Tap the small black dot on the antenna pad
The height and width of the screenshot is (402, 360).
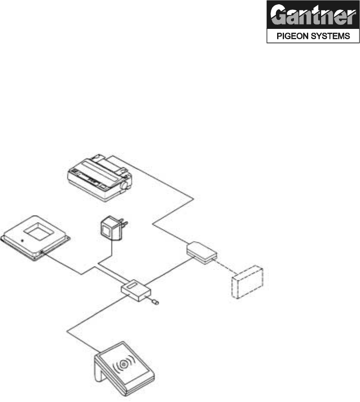tap(22, 239)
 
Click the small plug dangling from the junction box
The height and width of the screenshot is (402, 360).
tap(155, 302)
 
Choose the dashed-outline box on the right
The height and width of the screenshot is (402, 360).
tap(247, 282)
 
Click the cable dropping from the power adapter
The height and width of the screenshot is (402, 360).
tap(112, 250)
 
